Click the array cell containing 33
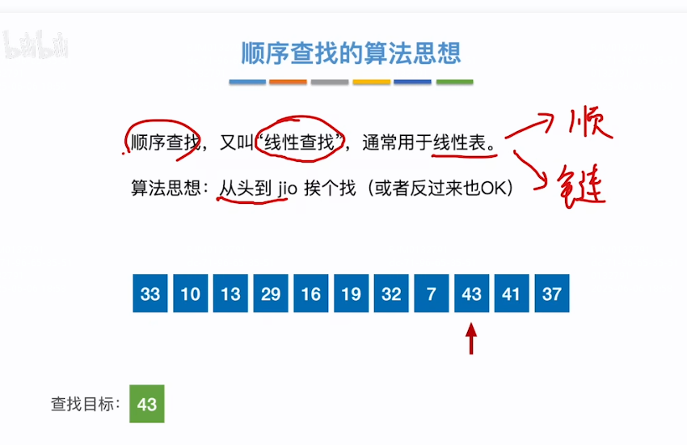point(150,294)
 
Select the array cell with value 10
point(191,294)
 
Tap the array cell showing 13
point(231,294)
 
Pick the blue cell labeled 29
point(271,294)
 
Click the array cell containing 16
point(311,294)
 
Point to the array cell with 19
point(351,294)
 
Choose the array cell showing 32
point(391,294)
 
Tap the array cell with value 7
point(432,294)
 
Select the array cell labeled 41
point(511,294)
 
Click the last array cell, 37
point(551,294)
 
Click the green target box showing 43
point(147,404)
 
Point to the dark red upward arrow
point(471,338)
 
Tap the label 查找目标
point(86,404)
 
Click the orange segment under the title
point(288,82)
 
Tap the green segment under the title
point(454,82)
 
